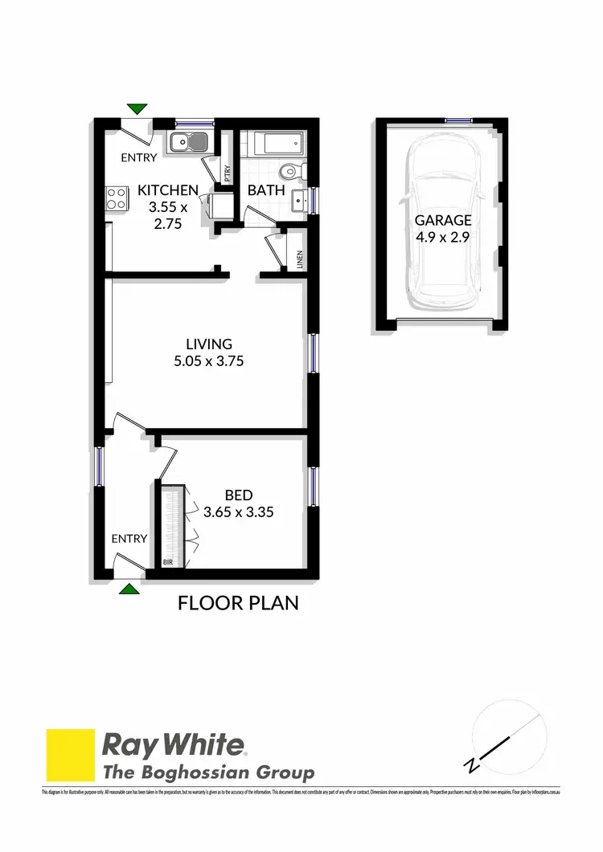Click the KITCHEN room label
click(x=168, y=190)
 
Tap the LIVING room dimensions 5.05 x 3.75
click(x=208, y=361)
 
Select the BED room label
click(x=238, y=495)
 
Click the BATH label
click(x=266, y=191)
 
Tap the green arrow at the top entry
click(x=138, y=108)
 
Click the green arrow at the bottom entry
click(x=129, y=589)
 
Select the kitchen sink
click(x=189, y=143)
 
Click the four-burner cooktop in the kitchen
click(x=117, y=198)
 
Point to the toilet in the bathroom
click(x=290, y=171)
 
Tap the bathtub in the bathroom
click(x=277, y=145)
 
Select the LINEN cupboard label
click(x=297, y=259)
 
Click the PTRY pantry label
click(x=228, y=174)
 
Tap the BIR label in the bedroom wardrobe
click(x=169, y=563)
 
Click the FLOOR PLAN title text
click(x=238, y=602)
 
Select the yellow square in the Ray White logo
click(x=71, y=754)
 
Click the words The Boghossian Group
click(x=207, y=773)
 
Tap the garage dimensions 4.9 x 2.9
click(x=443, y=237)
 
